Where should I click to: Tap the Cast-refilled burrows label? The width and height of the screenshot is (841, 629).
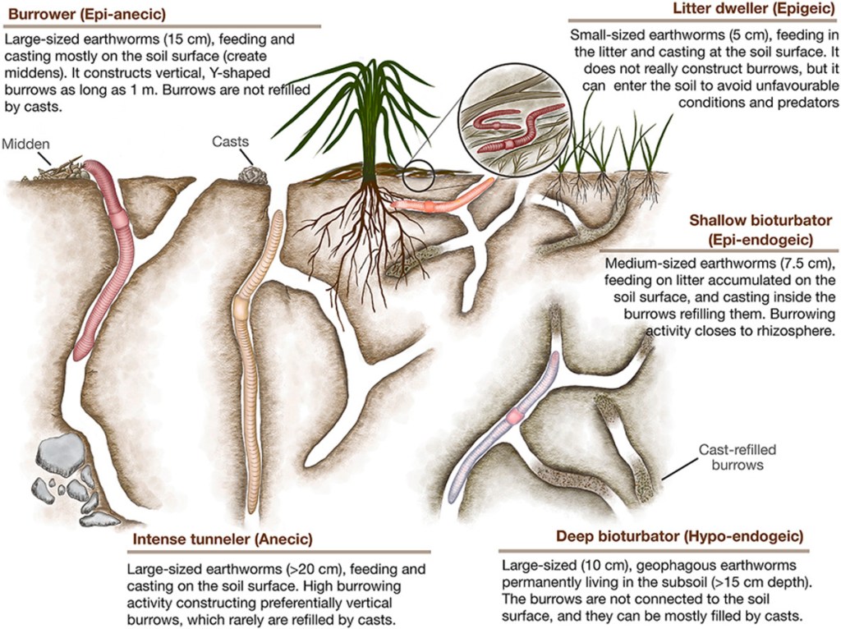click(737, 457)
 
